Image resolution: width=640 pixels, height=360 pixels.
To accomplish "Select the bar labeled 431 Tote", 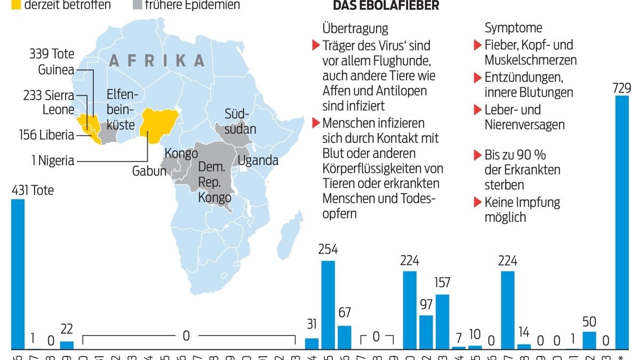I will [18, 274].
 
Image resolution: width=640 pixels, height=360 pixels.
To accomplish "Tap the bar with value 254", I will [328, 305].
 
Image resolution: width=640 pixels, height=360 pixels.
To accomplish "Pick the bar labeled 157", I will [443, 322].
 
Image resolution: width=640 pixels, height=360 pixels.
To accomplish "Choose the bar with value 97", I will [426, 332].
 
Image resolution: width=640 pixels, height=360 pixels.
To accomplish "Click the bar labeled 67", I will [345, 337].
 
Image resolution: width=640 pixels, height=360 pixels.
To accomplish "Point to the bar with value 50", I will [589, 340].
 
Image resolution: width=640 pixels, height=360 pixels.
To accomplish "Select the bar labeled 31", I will [312, 343].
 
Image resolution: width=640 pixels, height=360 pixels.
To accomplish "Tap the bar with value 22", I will [67, 345].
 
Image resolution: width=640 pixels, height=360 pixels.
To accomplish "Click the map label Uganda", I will [258, 160].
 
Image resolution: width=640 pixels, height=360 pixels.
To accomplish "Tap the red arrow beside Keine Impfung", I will [477, 203].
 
